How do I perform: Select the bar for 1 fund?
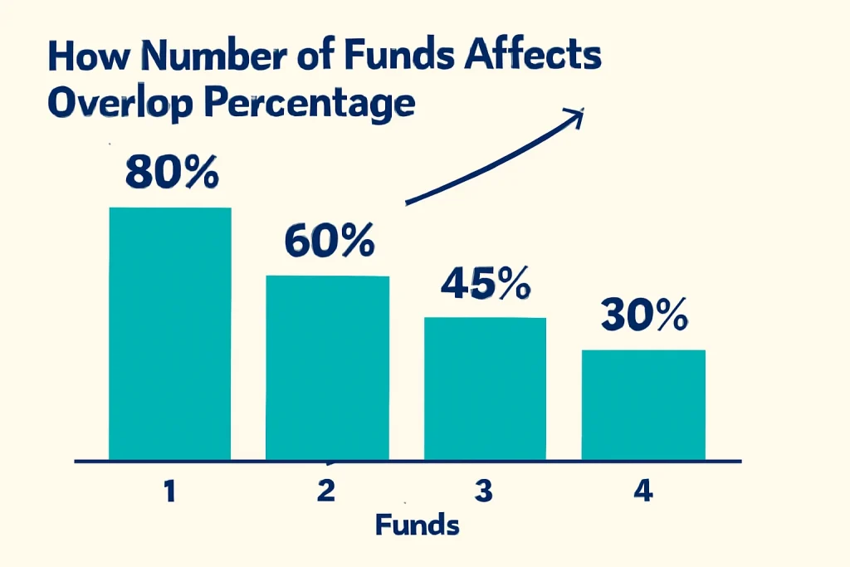coord(170,333)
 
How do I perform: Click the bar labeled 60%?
coord(327,367)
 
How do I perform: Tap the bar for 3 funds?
coord(485,388)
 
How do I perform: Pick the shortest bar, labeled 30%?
coord(643,404)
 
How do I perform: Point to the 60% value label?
coord(328,241)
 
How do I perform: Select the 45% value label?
coord(486,285)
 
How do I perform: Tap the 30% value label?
coord(644,316)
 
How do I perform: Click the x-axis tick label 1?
coord(169,491)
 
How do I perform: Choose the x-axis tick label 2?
coord(326,491)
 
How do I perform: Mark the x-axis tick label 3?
coord(485,491)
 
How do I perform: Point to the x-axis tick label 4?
coord(642,491)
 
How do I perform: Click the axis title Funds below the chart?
coord(417,525)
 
